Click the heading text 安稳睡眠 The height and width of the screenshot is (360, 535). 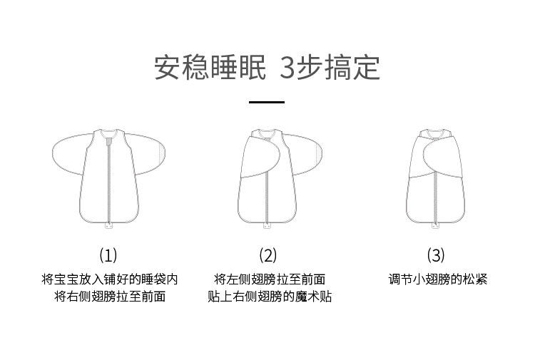click(x=210, y=67)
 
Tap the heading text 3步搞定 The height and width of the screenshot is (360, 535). click(x=330, y=67)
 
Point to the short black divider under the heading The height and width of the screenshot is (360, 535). click(x=266, y=102)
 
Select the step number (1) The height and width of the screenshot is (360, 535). click(x=108, y=254)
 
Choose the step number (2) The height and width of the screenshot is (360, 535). click(x=267, y=254)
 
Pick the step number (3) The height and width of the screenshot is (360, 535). click(x=435, y=254)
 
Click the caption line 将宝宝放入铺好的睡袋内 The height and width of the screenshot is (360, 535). click(x=109, y=279)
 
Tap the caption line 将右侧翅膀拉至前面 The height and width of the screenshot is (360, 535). click(x=109, y=297)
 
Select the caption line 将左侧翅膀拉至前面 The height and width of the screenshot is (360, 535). click(x=270, y=279)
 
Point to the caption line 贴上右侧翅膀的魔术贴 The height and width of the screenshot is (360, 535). click(x=270, y=297)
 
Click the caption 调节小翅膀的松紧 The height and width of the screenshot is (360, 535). click(x=437, y=279)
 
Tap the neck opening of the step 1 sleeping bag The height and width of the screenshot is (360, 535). click(x=109, y=131)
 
